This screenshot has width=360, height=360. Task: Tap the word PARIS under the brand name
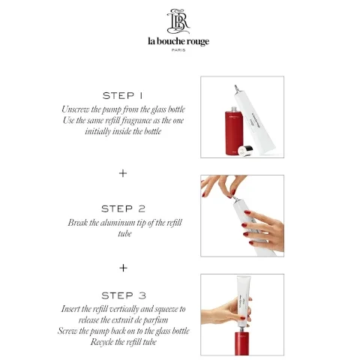pyautogui.click(x=178, y=50)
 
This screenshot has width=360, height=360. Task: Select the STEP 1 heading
pyautogui.click(x=123, y=96)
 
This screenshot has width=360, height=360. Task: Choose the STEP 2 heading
pyautogui.click(x=123, y=208)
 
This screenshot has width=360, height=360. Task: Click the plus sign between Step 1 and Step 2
pyautogui.click(x=123, y=172)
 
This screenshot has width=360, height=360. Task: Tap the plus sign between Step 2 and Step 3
pyautogui.click(x=123, y=267)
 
